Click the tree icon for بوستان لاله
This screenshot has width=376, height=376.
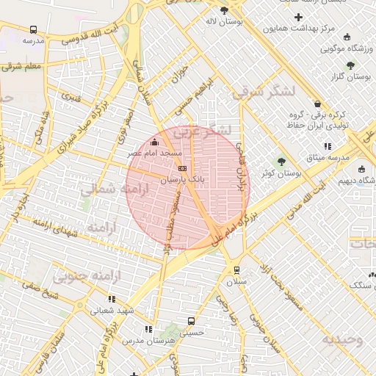224,10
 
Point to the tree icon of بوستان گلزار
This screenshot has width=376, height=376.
358,65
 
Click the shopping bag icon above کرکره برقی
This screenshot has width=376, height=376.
317,104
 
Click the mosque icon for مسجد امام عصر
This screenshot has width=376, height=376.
153,142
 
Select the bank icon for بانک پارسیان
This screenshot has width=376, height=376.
182,168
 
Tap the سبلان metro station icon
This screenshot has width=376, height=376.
236,270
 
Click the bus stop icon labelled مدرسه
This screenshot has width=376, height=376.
33,30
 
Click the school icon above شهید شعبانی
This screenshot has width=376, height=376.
112,299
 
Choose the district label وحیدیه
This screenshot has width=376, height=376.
341,339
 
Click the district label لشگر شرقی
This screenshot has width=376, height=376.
262,93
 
